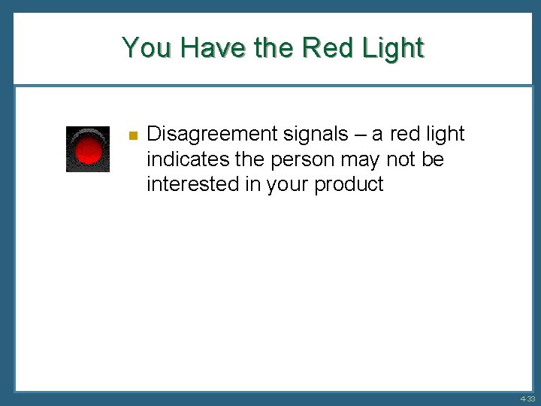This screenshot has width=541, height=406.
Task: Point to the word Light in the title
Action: pos(392,47)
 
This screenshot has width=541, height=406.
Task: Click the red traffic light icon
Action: pos(88,149)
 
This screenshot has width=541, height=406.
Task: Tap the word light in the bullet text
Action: pos(446,135)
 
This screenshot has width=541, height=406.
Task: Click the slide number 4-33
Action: pos(527,398)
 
